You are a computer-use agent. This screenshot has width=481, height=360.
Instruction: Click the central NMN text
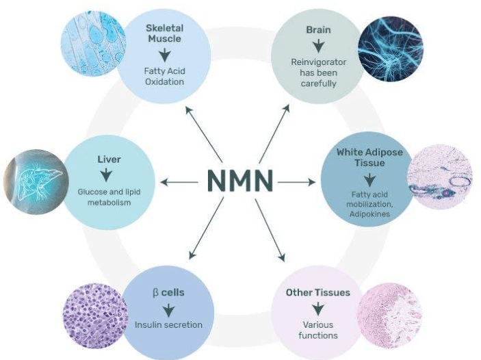(x=239, y=181)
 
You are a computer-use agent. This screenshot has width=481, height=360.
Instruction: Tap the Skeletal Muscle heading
(x=164, y=34)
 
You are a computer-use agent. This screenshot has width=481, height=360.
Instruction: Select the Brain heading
(x=318, y=31)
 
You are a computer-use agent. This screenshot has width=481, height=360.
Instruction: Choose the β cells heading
(x=168, y=292)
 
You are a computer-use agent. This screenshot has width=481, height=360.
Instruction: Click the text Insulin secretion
(x=168, y=324)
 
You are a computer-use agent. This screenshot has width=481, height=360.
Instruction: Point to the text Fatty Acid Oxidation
(x=164, y=77)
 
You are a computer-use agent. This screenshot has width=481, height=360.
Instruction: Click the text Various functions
(x=318, y=330)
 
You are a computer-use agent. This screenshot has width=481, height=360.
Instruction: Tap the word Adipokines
(x=369, y=214)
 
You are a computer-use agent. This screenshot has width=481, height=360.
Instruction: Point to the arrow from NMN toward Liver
(x=179, y=182)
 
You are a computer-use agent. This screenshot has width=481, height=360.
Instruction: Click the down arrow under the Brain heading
(x=318, y=47)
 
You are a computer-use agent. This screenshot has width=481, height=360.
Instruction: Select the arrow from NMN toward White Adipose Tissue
(x=296, y=182)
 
